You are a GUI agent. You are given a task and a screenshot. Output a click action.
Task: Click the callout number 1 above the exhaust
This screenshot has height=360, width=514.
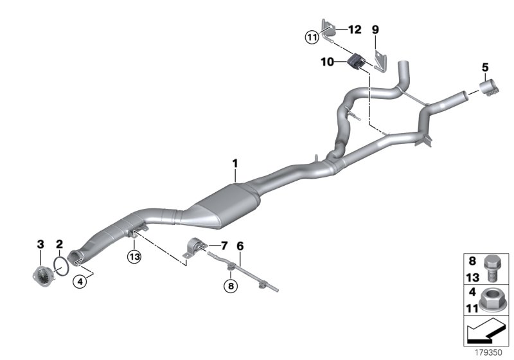[235, 165]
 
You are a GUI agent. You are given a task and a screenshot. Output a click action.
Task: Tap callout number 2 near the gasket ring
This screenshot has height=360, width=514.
[58, 244]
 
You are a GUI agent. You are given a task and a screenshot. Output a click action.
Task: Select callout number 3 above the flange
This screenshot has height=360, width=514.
[40, 244]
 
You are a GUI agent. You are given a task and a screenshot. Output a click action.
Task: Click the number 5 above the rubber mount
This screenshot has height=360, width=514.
[485, 66]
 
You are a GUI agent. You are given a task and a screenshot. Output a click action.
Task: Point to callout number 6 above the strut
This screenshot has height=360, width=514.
[240, 245]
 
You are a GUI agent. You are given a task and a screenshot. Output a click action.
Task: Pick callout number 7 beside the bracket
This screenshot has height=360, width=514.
[224, 245]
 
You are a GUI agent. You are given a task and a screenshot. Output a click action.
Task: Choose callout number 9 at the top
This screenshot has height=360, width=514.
[376, 30]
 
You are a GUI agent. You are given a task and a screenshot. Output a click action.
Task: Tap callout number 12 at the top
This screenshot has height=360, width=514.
[355, 30]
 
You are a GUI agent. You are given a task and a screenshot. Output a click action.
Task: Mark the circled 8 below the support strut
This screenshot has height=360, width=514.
[229, 285]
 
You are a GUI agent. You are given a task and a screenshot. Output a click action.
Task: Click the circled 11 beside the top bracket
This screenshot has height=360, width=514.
[312, 37]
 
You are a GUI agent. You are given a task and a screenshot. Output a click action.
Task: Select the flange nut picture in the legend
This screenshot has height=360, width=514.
[490, 301]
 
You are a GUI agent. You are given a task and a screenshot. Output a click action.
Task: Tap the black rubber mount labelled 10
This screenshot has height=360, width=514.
[355, 62]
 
